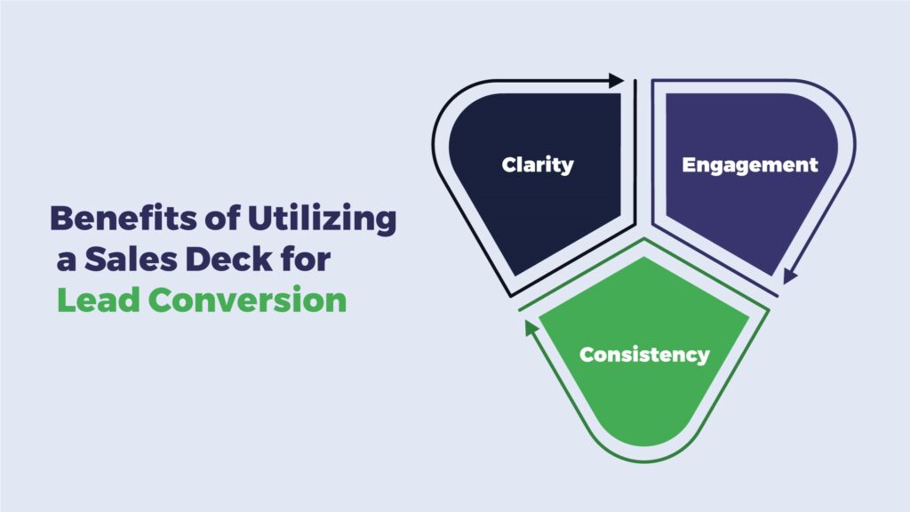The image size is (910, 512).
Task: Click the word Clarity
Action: [x=538, y=165]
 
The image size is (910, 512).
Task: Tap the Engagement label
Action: [x=750, y=165]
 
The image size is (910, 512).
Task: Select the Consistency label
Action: [x=644, y=355]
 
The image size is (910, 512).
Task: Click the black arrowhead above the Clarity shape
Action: [x=617, y=81]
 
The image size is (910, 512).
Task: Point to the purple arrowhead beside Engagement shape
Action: [x=789, y=276]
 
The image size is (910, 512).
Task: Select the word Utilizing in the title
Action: [x=322, y=220]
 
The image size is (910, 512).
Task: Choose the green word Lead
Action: [x=99, y=300]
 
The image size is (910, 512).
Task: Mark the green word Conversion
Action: [x=247, y=300]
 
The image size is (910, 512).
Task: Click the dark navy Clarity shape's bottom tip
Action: [x=515, y=274]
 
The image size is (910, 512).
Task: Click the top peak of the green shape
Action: [x=644, y=259]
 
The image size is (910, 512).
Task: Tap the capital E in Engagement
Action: [x=689, y=164]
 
